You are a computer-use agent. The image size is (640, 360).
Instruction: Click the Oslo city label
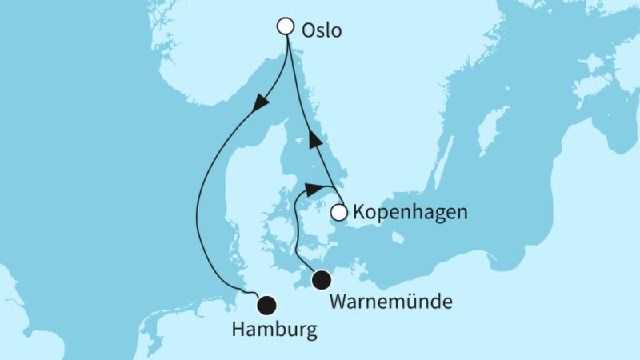point(322,31)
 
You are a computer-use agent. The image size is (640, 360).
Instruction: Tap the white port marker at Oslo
point(285,26)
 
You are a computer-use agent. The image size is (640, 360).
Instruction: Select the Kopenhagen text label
point(398,214)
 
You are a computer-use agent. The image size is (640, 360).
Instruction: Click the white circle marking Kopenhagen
point(339,213)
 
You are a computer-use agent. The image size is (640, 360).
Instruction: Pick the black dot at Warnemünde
point(321,280)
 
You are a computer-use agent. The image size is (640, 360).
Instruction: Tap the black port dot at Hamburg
point(266,304)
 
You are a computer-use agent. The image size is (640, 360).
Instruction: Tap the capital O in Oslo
point(308,31)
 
